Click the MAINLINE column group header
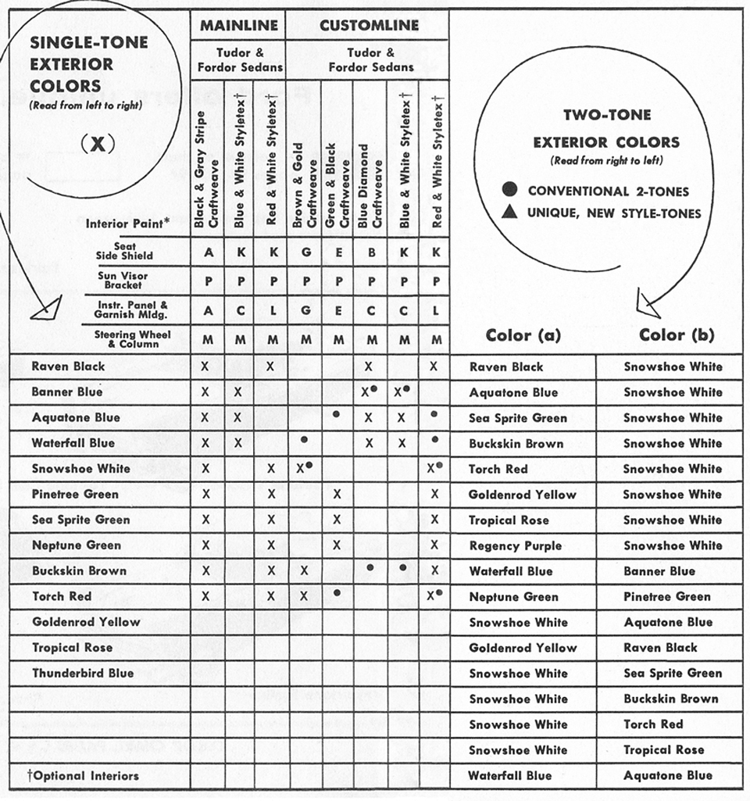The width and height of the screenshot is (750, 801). (238, 26)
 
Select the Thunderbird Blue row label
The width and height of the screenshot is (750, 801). (83, 673)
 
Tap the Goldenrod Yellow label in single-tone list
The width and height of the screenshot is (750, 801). (86, 622)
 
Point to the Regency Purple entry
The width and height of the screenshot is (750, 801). (515, 545)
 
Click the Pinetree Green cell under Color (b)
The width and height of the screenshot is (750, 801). (667, 596)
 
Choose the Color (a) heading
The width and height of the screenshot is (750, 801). (523, 335)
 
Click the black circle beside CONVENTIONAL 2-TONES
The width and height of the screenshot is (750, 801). (509, 191)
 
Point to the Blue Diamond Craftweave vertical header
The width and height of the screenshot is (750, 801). (368, 186)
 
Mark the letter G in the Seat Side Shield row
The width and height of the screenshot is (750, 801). (305, 252)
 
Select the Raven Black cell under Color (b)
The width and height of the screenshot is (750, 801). (661, 648)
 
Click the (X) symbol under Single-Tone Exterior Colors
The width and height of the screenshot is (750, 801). (97, 144)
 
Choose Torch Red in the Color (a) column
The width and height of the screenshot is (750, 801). (498, 469)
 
